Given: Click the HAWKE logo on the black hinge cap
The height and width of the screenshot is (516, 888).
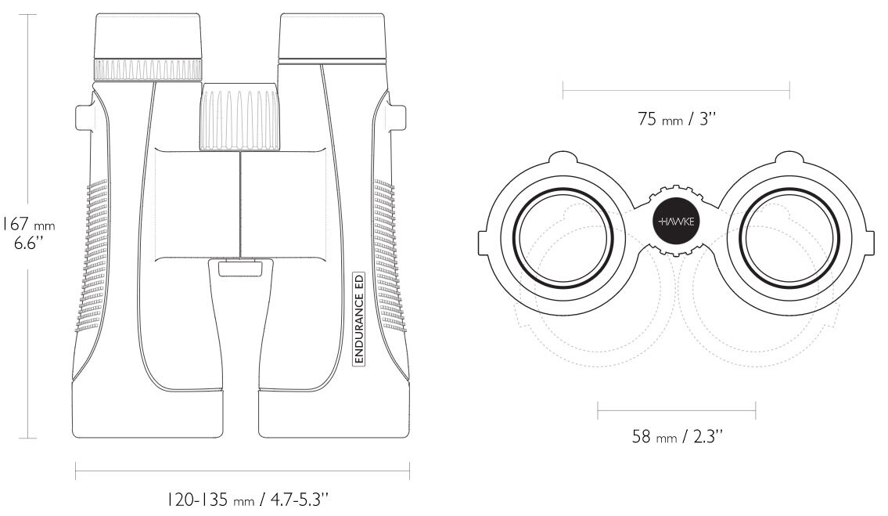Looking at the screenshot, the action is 677,221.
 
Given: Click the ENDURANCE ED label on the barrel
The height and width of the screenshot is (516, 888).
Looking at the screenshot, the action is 358,318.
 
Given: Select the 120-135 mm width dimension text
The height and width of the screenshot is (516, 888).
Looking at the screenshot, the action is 247,500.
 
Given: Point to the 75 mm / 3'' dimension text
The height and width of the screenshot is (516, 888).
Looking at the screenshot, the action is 677,119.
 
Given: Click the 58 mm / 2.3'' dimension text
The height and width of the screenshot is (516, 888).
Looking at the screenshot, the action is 678,437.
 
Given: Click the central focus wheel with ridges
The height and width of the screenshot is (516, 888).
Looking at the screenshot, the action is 240,118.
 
